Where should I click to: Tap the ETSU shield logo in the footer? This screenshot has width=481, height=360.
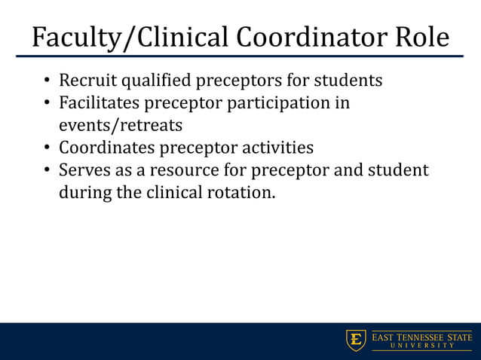tap(356, 340)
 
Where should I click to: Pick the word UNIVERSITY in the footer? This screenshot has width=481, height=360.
tap(421, 346)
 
